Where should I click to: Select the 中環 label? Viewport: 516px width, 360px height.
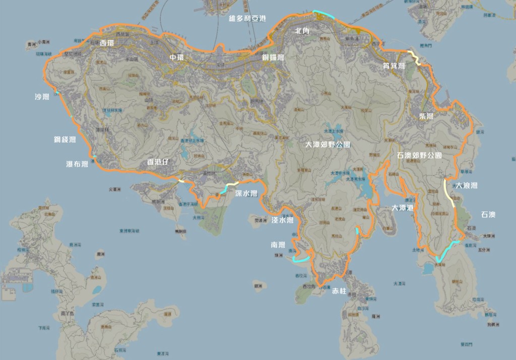[177, 57]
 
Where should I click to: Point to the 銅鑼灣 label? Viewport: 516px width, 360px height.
[273, 57]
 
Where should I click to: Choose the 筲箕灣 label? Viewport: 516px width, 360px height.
[394, 66]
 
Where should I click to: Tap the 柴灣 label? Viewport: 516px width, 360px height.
[426, 116]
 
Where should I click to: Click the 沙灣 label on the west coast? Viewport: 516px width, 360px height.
[42, 96]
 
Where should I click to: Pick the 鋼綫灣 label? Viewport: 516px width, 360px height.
[65, 140]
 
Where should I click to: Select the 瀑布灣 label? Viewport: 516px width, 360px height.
[77, 164]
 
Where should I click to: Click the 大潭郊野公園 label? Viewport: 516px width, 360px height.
[328, 144]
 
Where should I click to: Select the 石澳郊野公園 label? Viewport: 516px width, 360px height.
[419, 155]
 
